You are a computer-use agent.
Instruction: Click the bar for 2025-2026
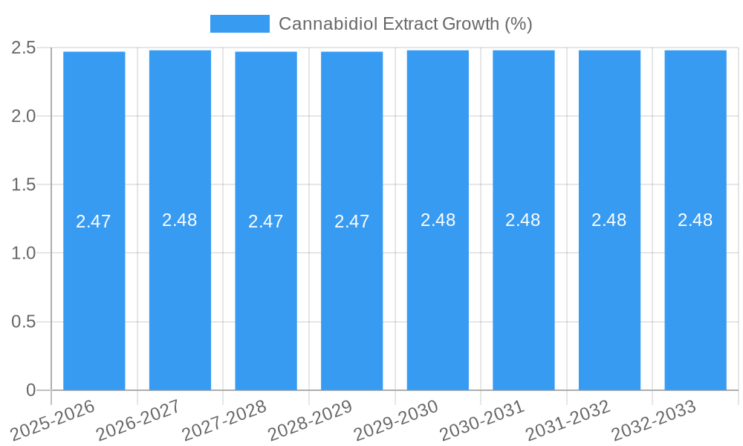(x=94, y=297)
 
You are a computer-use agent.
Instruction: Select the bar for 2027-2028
(x=266, y=297)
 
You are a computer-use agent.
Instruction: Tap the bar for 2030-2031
(x=523, y=297)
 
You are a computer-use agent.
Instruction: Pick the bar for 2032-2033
(x=695, y=297)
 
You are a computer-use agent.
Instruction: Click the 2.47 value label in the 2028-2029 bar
(x=351, y=222)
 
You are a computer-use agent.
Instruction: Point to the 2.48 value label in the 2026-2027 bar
(x=180, y=220)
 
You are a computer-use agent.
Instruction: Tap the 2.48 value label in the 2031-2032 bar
(x=609, y=220)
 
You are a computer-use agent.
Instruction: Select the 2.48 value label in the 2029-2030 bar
(x=438, y=220)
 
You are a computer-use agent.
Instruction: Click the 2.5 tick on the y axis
(x=24, y=48)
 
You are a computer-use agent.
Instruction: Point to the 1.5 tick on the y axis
(x=24, y=184)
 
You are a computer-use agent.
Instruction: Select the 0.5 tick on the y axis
(x=24, y=322)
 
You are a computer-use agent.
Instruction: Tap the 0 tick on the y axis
(x=30, y=390)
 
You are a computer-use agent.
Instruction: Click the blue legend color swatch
(x=239, y=24)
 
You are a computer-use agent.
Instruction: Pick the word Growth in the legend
(x=470, y=24)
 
